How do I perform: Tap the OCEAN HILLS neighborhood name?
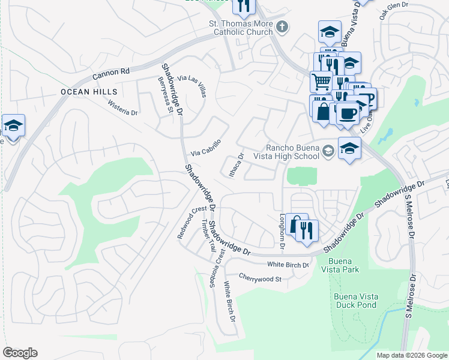[x=88, y=92]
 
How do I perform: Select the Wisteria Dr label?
[x=122, y=107]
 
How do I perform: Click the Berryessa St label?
[x=166, y=94]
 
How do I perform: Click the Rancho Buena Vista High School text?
[x=292, y=152]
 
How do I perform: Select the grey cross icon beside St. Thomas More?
[x=282, y=26]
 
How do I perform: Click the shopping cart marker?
[x=321, y=80]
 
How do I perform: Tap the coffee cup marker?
[x=347, y=112]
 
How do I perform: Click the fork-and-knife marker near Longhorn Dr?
[x=307, y=230]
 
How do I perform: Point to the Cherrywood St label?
[x=260, y=279]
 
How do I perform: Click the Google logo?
[x=20, y=353]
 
